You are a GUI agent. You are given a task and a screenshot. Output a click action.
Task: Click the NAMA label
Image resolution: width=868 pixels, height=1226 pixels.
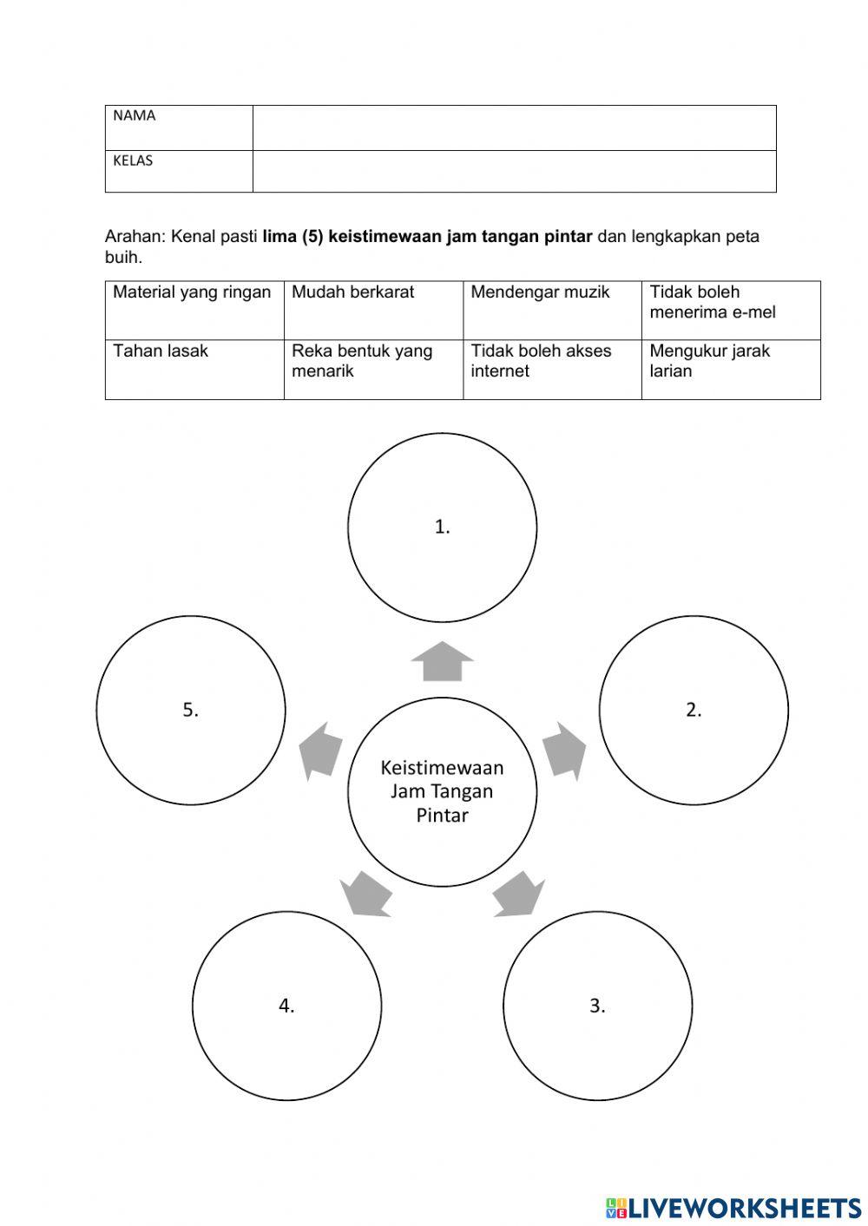pos(135,116)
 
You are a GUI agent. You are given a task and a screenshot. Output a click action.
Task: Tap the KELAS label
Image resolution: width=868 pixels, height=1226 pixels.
pos(133,161)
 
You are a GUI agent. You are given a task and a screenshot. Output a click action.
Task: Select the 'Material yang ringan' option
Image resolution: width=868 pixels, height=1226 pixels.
pos(192,292)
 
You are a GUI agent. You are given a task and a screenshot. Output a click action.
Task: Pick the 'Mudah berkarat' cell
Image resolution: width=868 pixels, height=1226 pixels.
pos(353,292)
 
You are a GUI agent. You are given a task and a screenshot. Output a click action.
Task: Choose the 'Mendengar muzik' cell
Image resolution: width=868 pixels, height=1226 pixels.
pos(540,292)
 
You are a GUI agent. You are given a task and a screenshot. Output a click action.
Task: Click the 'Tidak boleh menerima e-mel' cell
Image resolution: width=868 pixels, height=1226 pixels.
pos(713,302)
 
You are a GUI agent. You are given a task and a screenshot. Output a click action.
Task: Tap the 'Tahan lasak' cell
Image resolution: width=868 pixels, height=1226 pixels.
pos(161,351)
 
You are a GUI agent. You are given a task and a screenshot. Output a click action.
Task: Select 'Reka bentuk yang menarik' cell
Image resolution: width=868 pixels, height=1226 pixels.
pos(362,361)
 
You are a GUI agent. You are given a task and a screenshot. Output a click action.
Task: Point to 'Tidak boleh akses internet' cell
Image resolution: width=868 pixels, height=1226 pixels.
pos(541,361)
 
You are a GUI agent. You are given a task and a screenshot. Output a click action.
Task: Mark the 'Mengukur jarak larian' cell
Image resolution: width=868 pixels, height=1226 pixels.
pos(709,361)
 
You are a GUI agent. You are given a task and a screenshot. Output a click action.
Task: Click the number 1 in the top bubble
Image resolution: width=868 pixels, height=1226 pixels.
pos(442,527)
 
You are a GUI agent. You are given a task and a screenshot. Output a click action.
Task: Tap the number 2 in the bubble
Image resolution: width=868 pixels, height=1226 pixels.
pos(694,710)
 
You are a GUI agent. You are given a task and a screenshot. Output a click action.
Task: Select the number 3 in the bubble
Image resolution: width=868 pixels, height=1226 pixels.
pos(597,1006)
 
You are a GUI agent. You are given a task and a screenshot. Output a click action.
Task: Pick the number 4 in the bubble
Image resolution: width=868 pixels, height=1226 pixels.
pos(286,1006)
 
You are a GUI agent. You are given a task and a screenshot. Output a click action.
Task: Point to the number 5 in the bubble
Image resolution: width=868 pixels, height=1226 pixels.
pos(190,710)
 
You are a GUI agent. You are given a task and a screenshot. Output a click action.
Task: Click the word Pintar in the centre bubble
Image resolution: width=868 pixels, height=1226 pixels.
pos(442,816)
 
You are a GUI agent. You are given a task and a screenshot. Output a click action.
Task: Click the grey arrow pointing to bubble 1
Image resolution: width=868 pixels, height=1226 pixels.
pos(442,661)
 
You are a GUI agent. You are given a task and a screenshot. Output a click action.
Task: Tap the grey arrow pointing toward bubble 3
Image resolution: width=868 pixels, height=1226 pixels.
pos(519,895)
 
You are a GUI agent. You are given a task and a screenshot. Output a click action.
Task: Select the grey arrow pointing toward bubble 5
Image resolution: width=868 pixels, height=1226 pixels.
pos(319,750)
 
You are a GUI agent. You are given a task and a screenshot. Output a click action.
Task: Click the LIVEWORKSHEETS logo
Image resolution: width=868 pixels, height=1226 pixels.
pos(733,1207)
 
